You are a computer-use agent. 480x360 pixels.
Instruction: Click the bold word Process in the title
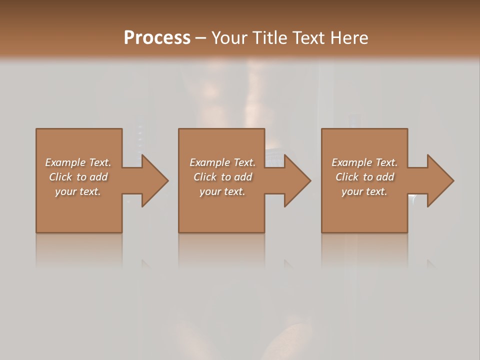(x=157, y=37)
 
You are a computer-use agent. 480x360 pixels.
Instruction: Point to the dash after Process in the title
(x=201, y=38)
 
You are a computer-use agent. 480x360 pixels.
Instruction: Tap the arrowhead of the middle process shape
(x=297, y=180)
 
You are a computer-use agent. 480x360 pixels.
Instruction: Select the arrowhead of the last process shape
(x=440, y=180)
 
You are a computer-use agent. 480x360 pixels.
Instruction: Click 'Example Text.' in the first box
(x=78, y=162)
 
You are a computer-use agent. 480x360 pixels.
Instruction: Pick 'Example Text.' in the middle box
(x=222, y=162)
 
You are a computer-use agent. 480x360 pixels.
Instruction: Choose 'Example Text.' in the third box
(x=364, y=162)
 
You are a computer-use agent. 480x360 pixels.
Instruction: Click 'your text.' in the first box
(x=78, y=191)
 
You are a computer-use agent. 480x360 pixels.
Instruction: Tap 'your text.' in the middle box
(x=222, y=191)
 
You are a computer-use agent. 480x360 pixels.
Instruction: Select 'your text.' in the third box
(x=364, y=191)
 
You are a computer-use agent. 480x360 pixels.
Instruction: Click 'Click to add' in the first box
(x=78, y=177)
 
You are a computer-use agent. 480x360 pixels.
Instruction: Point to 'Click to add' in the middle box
(x=222, y=177)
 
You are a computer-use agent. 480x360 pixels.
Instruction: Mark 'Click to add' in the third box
(x=364, y=177)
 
